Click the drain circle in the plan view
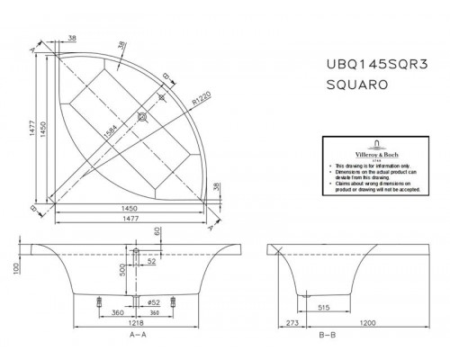[x=142, y=115]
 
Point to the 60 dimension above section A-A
[x=158, y=231]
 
